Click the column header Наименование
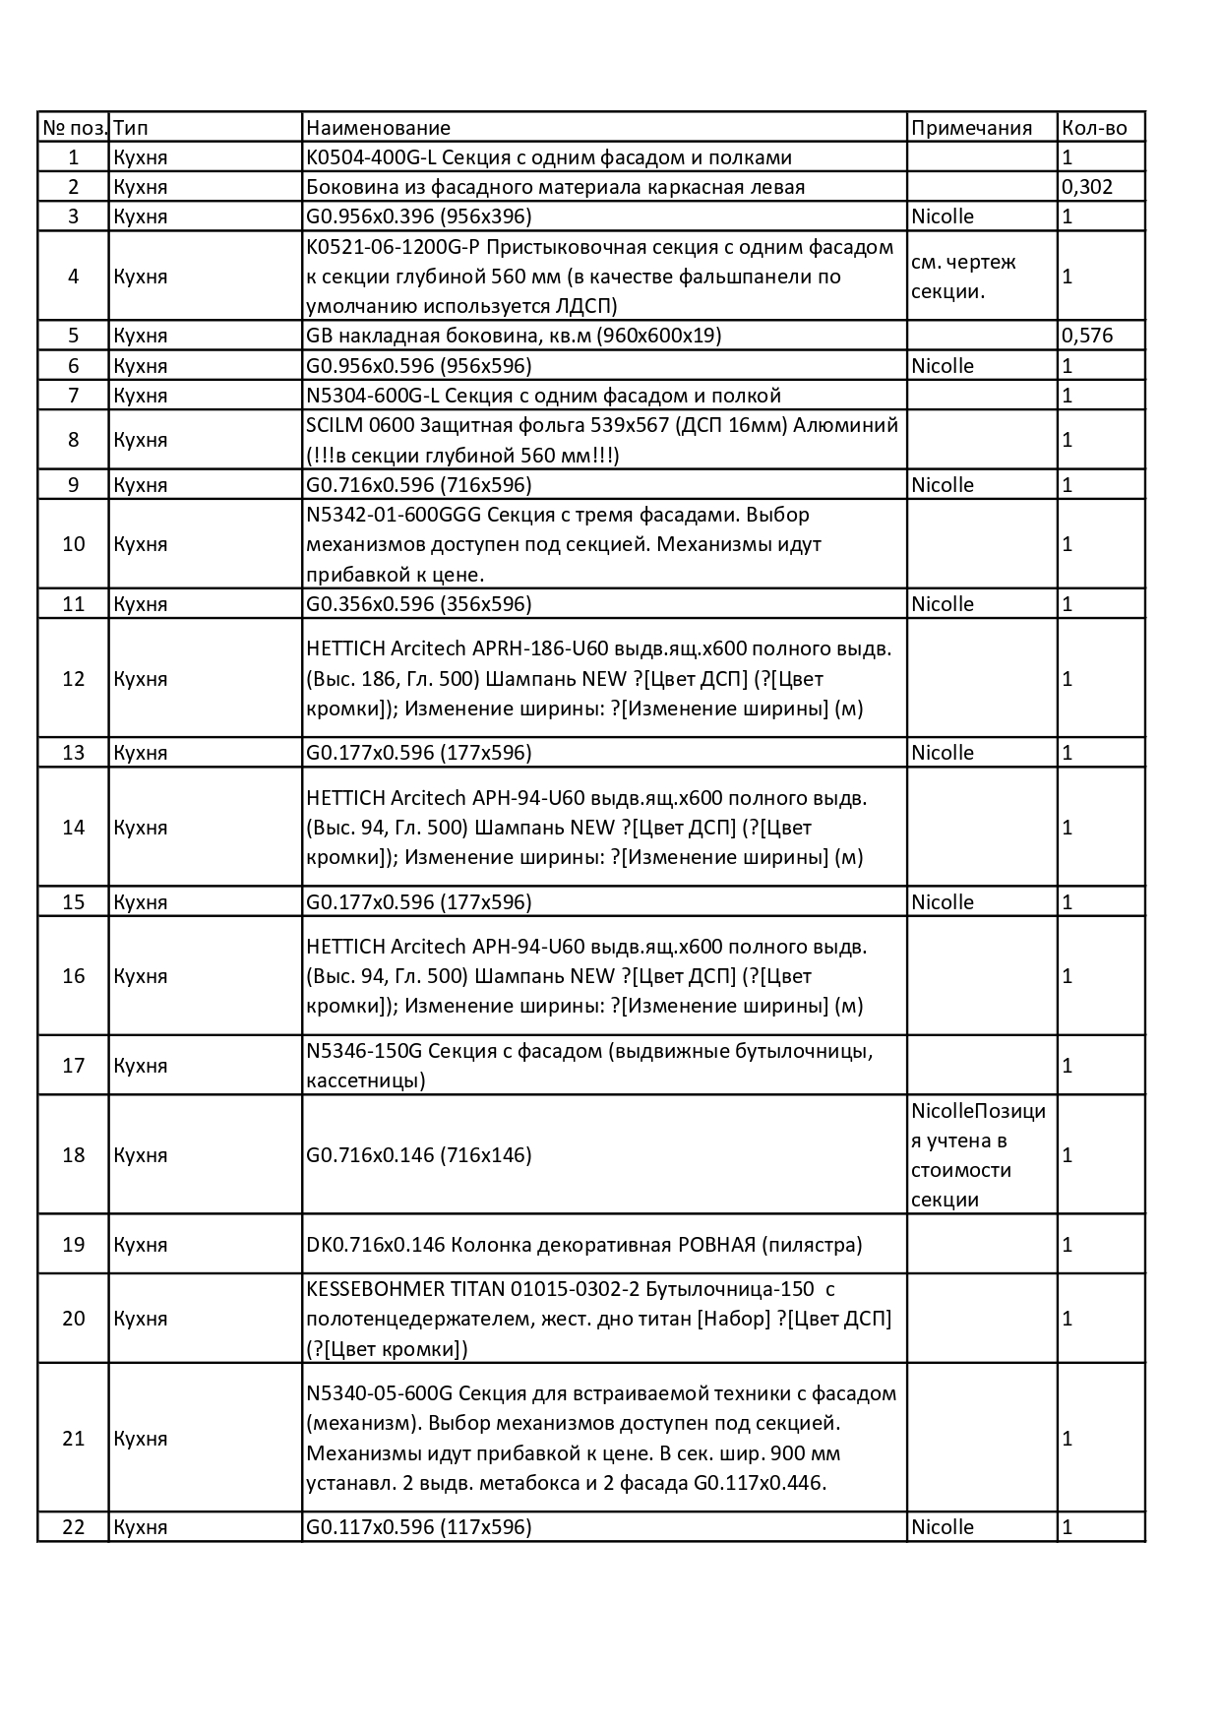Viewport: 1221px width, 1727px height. coord(379,128)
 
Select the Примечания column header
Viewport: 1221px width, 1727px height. coord(971,128)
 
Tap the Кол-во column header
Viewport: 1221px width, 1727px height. coord(1094,128)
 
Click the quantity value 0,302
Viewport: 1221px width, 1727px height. coord(1087,187)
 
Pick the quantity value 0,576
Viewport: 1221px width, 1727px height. coord(1087,336)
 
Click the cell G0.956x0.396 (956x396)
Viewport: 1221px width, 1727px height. coord(419,216)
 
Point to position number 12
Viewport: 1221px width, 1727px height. coord(74,679)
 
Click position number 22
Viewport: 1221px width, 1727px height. coord(74,1527)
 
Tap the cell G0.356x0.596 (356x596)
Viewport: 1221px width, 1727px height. coord(419,604)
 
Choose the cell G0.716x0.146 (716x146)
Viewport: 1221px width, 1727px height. coord(419,1155)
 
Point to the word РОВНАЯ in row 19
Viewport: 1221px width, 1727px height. coord(715,1245)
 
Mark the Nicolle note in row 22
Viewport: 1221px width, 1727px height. coord(943,1527)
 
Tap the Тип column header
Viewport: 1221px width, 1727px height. coord(131,128)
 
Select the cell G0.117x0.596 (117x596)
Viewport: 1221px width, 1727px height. coord(419,1527)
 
